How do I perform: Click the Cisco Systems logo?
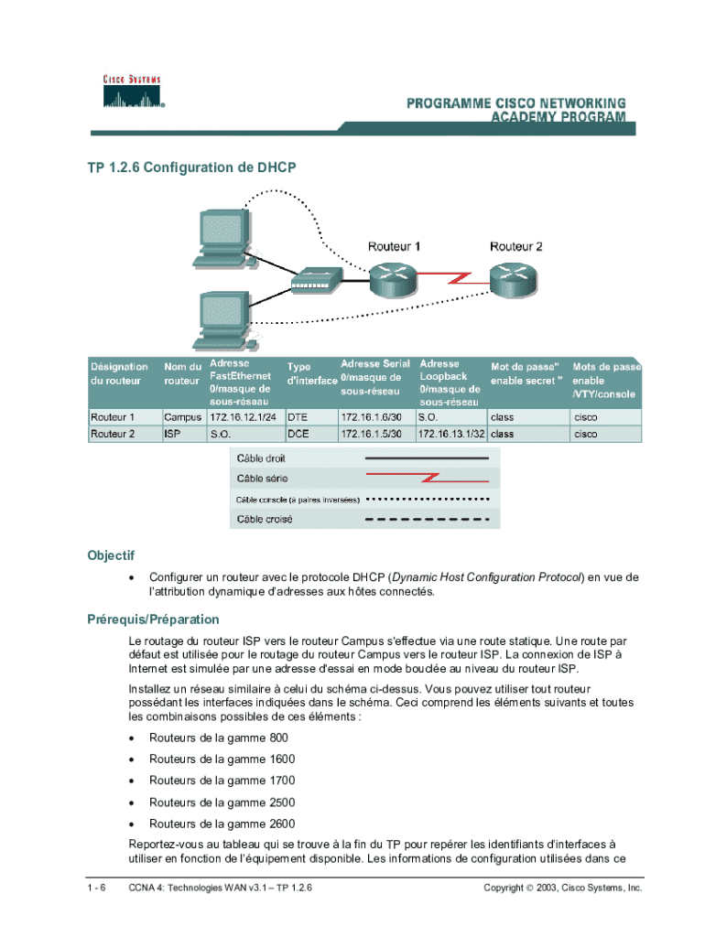[131, 91]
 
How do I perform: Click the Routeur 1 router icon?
[394, 277]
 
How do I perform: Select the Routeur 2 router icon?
[515, 277]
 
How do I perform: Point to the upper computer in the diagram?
[221, 239]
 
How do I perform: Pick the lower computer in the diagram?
[221, 321]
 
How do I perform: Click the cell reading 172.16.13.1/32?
[451, 434]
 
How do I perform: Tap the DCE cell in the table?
[298, 434]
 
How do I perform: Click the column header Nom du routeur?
[182, 373]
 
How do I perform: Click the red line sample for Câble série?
[428, 478]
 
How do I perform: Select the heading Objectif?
[111, 555]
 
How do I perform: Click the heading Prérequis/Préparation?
[153, 619]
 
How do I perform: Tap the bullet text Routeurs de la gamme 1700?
[222, 781]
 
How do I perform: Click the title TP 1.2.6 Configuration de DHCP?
[192, 168]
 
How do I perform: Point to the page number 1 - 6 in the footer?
[98, 888]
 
